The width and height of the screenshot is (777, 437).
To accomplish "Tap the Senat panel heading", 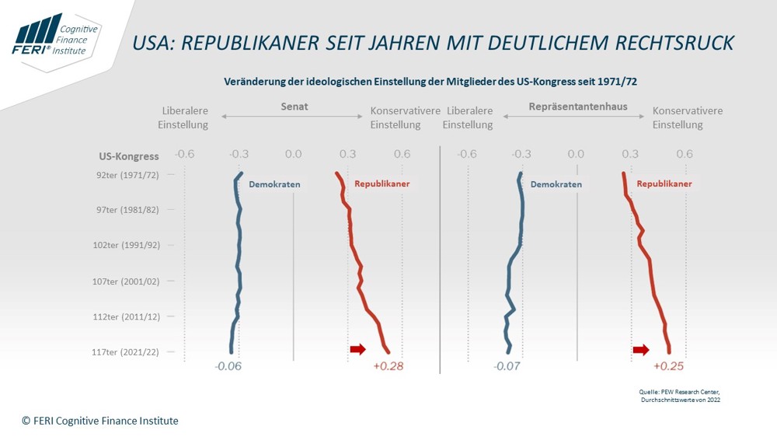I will coord(294,107).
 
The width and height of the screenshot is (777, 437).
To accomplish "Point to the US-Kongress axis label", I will coord(129,156).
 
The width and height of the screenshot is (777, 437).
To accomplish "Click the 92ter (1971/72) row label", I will coord(128,175).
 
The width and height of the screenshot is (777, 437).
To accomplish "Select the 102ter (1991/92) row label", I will coord(126,245).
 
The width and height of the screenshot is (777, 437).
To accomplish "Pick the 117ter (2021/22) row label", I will coord(126,351).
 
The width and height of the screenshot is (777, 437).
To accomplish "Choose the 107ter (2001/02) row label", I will coord(126,281).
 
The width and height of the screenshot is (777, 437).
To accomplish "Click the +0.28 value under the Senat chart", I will coord(388,366).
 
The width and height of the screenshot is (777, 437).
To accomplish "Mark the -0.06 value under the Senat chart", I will coord(228,366).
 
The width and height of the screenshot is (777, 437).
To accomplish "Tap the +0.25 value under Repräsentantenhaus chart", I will coord(668,366).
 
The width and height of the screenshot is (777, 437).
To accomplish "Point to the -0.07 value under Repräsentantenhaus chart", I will coord(507,366).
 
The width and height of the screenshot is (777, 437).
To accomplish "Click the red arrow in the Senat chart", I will coord(357,349).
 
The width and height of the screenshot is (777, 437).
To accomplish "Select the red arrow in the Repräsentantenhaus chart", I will coord(640,349).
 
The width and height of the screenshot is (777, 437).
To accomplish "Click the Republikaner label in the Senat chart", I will coord(382,184).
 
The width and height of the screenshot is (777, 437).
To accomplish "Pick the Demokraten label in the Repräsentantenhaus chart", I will coord(556,184).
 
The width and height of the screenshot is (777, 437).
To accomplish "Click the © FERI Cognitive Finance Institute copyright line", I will coord(100,421).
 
